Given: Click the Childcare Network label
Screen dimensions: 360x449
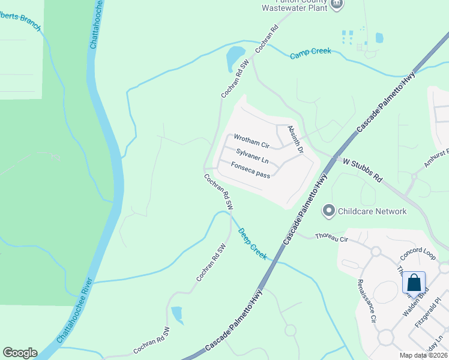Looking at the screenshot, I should [372, 211].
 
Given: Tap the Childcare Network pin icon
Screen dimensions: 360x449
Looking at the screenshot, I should [328, 211].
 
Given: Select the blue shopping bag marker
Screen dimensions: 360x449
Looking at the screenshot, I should [414, 282].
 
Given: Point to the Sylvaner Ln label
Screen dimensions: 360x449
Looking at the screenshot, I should [252, 157].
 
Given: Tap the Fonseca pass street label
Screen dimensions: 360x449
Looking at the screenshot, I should [250, 171].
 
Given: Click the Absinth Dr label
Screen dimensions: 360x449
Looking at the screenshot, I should [296, 139].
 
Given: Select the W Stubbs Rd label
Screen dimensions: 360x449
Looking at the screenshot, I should [363, 170].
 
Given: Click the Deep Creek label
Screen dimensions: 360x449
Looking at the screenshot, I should [252, 242].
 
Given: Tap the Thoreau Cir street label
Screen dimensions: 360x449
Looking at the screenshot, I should [331, 237].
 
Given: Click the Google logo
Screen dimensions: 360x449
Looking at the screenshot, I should [20, 353].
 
